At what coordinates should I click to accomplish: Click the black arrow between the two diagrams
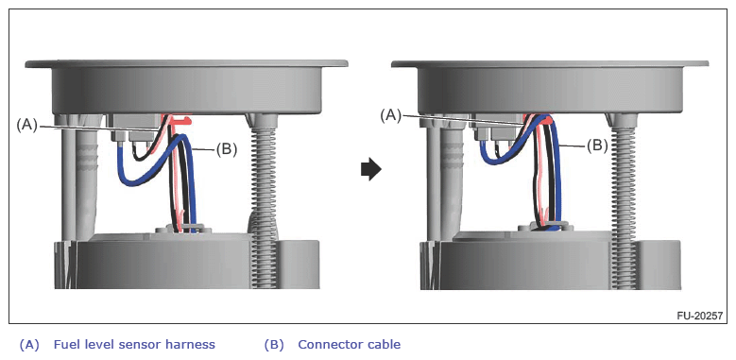370,170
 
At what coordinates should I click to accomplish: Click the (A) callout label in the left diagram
26,125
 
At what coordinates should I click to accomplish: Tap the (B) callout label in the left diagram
226,149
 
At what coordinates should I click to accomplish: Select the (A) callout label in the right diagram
391,115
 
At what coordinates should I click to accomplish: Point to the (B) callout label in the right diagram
597,146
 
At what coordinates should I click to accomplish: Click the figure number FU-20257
699,316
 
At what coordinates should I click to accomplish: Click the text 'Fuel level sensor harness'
134,345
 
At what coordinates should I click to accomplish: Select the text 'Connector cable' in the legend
350,345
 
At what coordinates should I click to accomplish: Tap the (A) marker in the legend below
29,345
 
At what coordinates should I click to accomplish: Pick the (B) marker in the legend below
274,345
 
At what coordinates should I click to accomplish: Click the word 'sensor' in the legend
144,345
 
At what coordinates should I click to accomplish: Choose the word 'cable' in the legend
385,345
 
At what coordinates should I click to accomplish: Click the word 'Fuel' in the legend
65,345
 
